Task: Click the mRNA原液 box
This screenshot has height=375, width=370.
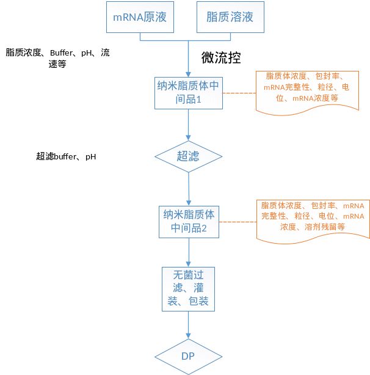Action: coord(140,18)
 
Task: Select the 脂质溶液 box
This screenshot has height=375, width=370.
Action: coord(225,18)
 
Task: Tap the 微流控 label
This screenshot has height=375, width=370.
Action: coord(220,58)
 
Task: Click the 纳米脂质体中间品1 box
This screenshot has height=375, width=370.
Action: coord(188,92)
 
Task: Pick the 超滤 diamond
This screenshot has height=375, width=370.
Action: coord(188,157)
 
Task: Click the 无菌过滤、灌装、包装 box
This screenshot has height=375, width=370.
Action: coord(189,288)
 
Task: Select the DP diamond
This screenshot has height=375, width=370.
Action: coord(187,355)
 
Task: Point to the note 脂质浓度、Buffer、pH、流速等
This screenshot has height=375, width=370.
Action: coord(57,58)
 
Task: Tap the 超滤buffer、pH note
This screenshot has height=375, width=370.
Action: coord(66,157)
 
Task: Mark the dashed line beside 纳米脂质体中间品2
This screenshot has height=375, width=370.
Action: coord(238,223)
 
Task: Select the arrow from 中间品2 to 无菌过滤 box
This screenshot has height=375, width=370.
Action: coord(189,251)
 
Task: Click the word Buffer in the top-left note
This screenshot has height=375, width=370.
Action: coord(61,53)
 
